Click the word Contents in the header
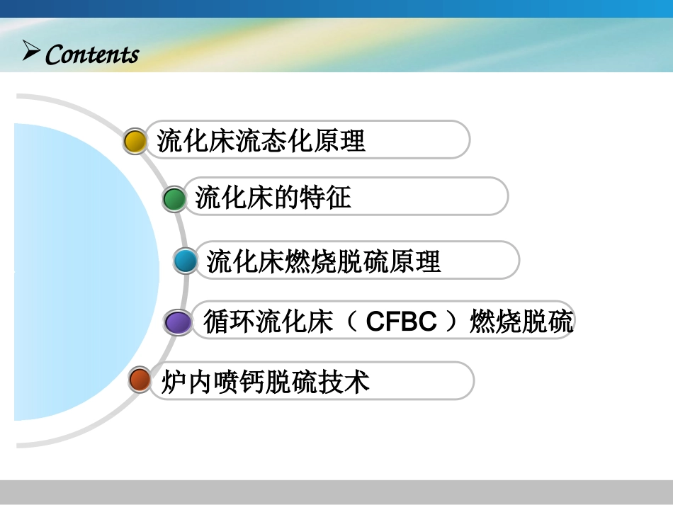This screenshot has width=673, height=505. pyautogui.click(x=92, y=55)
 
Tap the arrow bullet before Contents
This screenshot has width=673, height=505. pyautogui.click(x=30, y=51)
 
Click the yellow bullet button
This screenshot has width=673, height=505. pyautogui.click(x=135, y=140)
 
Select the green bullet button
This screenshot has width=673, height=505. pyautogui.click(x=174, y=199)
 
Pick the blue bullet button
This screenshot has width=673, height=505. pyautogui.click(x=186, y=262)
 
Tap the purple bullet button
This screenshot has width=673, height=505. pyautogui.click(x=177, y=322)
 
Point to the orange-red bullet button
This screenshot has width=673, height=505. pyautogui.click(x=140, y=380)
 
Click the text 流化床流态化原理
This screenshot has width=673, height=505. pyautogui.click(x=261, y=140)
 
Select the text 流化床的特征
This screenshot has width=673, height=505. pyautogui.click(x=273, y=198)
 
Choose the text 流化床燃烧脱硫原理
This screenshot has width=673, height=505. pyautogui.click(x=324, y=261)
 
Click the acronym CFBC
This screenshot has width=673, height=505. pyautogui.click(x=402, y=322)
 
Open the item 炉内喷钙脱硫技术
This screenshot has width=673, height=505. pyautogui.click(x=266, y=382)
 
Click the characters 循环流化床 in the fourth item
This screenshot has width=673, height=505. pyautogui.click(x=268, y=322)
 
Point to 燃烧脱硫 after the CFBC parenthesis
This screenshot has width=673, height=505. pyautogui.click(x=521, y=322)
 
